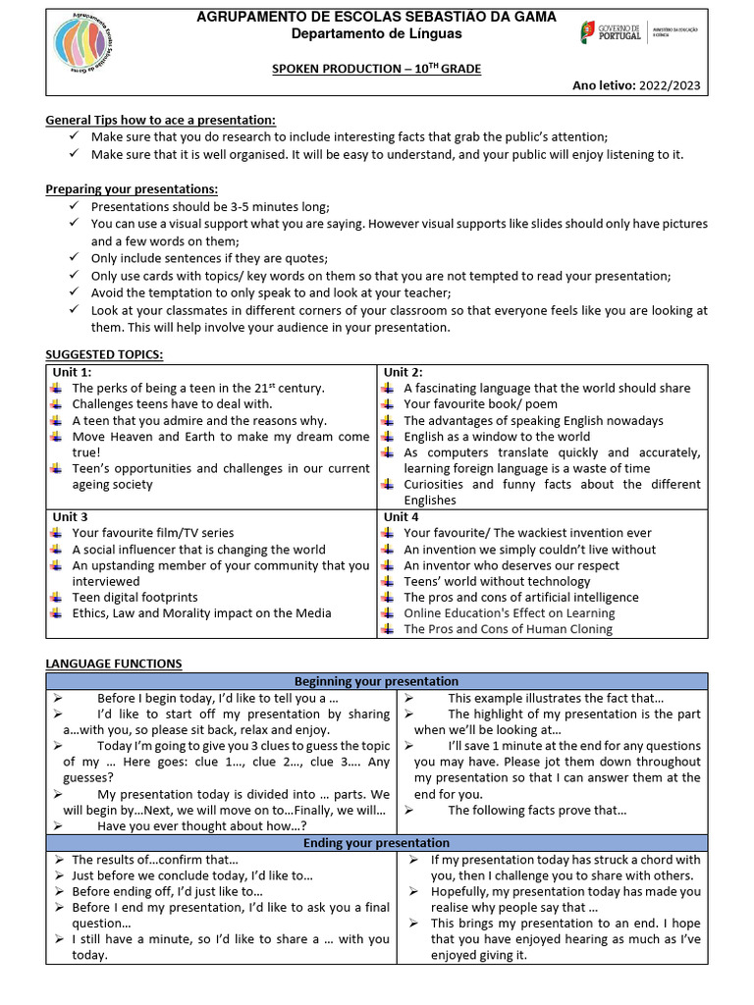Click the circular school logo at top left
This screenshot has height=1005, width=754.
tap(89, 46)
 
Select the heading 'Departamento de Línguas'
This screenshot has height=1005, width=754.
tap(376, 34)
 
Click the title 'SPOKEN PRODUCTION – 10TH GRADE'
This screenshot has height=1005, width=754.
tap(376, 69)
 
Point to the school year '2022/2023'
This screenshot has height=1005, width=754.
tap(673, 85)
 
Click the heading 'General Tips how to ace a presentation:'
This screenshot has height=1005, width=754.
tap(161, 120)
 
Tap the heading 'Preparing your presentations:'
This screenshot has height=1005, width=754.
tap(132, 188)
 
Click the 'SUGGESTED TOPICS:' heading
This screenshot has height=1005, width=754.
tap(105, 354)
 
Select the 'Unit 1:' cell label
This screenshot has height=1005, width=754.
tap(73, 372)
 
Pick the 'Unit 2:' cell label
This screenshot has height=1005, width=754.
tap(404, 372)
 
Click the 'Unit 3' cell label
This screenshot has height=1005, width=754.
tap(71, 516)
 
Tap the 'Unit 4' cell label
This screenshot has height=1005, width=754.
tap(402, 516)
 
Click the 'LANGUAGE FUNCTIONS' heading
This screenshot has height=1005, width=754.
tap(114, 664)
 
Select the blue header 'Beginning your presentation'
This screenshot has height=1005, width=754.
tap(376, 681)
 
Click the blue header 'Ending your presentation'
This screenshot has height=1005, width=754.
tap(376, 843)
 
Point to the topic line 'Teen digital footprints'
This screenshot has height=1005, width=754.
tap(135, 597)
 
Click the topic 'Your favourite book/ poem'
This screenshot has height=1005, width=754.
tap(480, 403)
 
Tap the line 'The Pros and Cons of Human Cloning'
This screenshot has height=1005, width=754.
tap(508, 629)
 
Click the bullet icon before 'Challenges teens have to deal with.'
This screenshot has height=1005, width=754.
tap(55, 403)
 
